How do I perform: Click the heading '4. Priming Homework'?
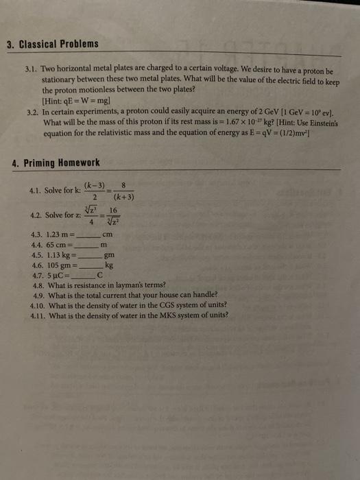[x=56, y=163]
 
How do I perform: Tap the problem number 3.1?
[x=29, y=71]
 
